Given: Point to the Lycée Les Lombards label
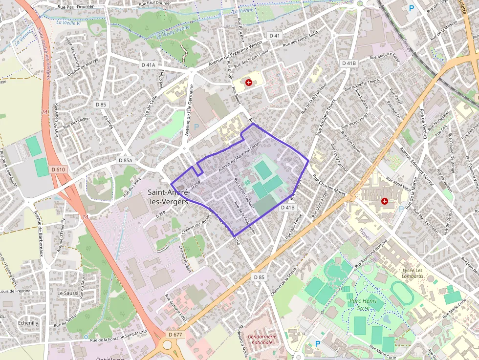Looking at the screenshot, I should [413, 274].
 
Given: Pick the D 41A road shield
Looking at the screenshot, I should [148, 65].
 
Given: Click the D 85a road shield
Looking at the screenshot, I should [125, 160].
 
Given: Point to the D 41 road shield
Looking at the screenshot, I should [275, 36].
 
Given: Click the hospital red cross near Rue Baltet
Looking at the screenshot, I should [249, 83].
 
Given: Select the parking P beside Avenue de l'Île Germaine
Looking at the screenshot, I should [196, 127].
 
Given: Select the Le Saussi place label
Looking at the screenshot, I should [67, 293].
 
